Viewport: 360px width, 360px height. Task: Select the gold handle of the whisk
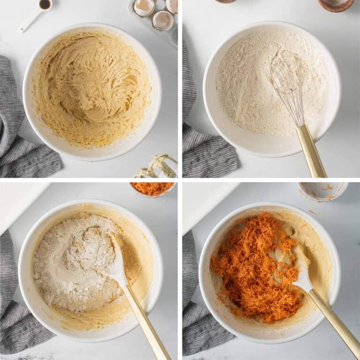[311, 150]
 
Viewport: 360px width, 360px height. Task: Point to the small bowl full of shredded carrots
[153, 188]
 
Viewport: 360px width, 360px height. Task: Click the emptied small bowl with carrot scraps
[323, 190]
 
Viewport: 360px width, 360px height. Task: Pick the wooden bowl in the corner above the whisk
[336, 4]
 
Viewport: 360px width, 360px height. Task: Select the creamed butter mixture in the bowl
[91, 89]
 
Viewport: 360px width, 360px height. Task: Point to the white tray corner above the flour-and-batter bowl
[21, 202]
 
